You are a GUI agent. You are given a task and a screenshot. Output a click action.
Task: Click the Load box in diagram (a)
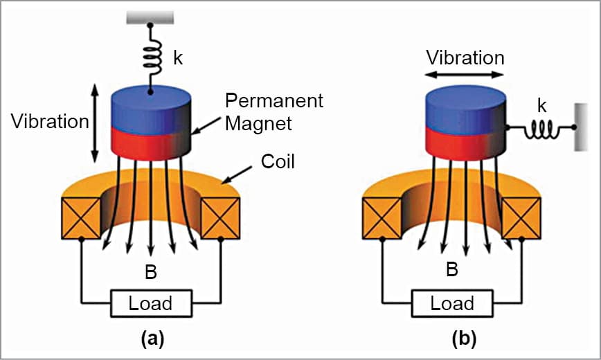(151, 303)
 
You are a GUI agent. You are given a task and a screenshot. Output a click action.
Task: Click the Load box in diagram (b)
(452, 303)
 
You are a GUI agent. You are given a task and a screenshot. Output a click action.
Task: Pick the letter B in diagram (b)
(452, 269)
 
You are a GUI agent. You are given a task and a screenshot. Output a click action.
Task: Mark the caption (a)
(151, 339)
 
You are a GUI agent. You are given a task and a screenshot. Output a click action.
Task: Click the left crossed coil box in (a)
(82, 217)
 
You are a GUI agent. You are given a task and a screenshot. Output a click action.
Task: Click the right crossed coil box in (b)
(521, 217)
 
